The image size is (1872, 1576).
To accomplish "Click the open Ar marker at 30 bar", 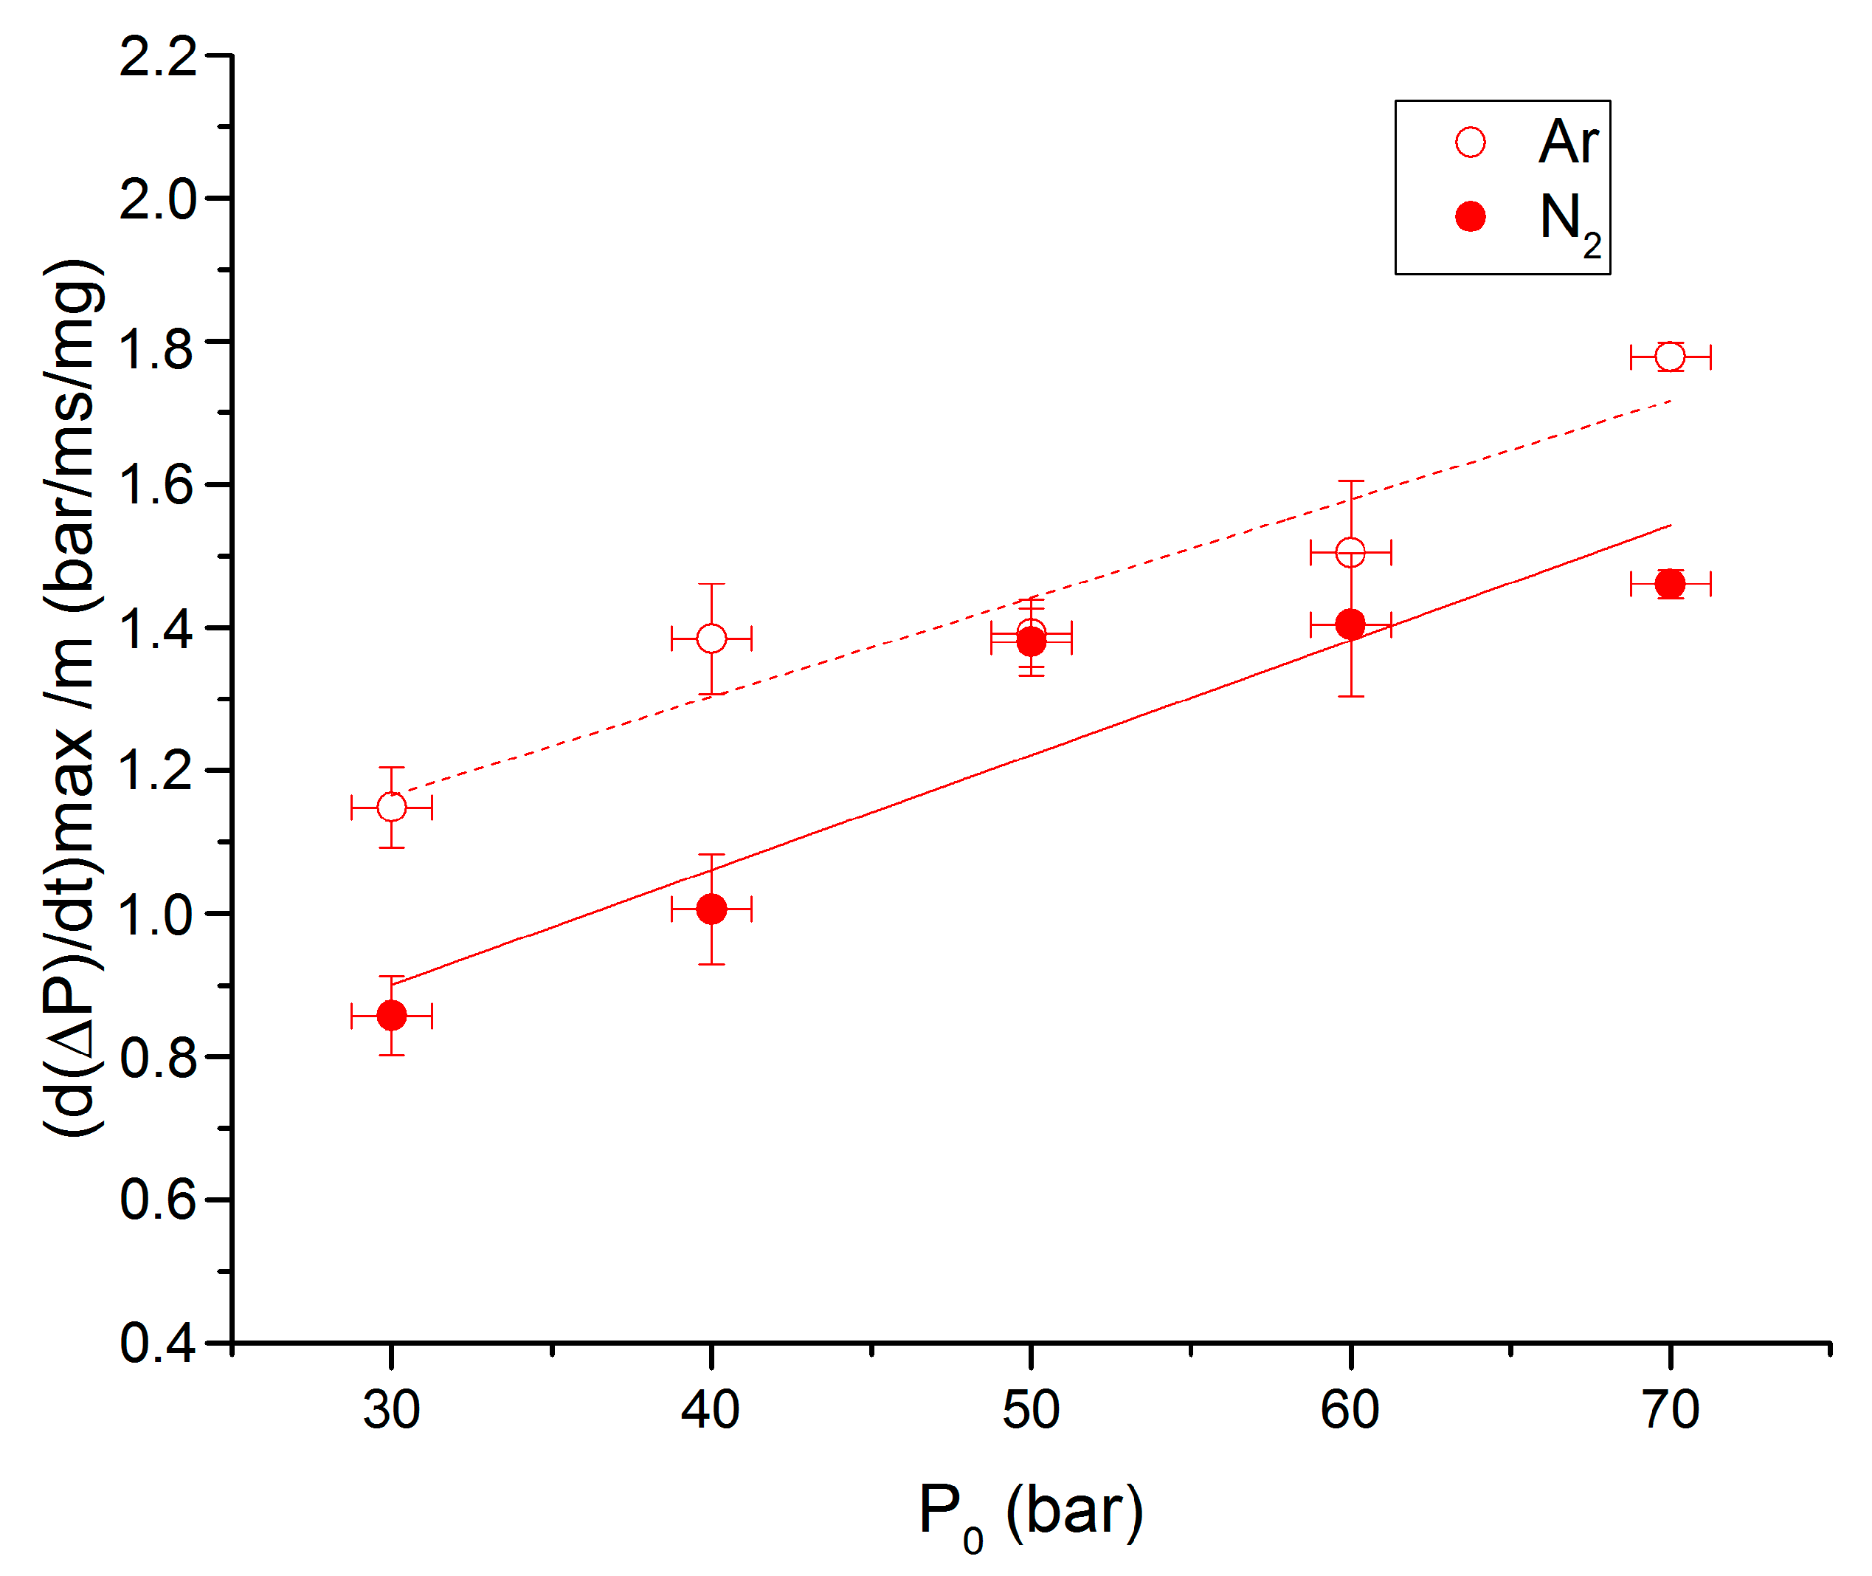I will point(391,808).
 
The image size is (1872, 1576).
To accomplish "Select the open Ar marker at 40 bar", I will point(711,639).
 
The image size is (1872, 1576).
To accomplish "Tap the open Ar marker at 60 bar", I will point(1350,552).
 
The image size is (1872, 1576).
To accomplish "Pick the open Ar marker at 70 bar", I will point(1669,357).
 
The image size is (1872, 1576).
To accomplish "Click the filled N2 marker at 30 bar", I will point(391,1016).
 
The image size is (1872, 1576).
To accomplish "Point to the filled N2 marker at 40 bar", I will point(711,909).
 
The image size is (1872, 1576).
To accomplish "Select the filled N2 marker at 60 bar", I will point(1350,624).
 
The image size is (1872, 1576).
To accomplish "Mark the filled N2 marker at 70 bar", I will point(1669,585).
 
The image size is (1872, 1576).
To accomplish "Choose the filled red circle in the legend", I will point(1469,216).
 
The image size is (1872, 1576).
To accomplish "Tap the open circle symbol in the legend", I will point(1469,142).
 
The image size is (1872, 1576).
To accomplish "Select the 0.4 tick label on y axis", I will point(158,1343).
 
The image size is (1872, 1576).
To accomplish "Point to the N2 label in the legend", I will point(1569,221).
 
